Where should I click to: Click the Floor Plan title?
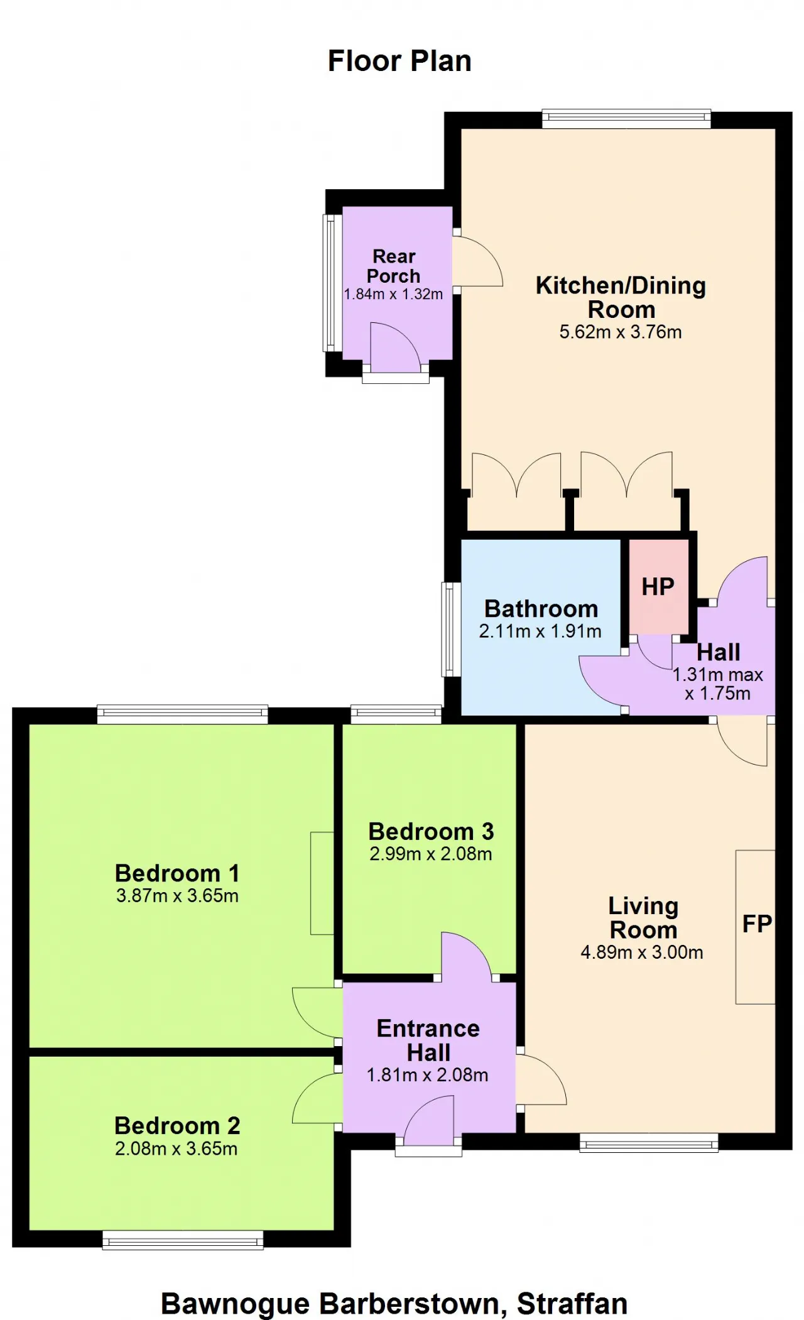[x=399, y=62]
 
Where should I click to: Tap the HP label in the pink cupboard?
[x=658, y=587]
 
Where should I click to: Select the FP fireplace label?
[x=757, y=924]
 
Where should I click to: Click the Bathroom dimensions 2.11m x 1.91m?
[x=540, y=631]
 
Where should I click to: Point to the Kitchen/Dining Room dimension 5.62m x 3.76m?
[x=621, y=332]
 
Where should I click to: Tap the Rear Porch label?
[x=394, y=266]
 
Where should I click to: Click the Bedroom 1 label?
[x=177, y=873]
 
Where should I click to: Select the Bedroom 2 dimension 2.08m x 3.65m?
[x=177, y=1148]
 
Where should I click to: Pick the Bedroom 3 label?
[x=431, y=831]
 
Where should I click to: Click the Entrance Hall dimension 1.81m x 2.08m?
[x=428, y=1075]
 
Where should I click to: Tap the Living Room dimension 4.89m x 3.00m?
[x=642, y=952]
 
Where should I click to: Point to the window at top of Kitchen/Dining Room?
[x=626, y=119]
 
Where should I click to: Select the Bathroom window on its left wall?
[x=451, y=630]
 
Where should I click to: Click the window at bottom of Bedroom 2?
[x=183, y=1240]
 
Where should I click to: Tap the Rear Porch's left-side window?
[x=332, y=283]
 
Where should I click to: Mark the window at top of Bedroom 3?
[x=396, y=714]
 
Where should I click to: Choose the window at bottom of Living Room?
[x=649, y=1143]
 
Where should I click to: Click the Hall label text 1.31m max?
[x=717, y=675]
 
